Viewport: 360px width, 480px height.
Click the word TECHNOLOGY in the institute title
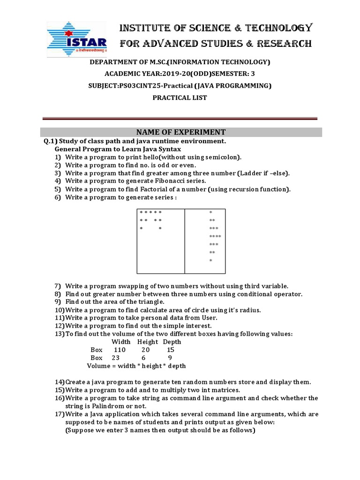280,28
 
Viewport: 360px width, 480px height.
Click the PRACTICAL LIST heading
180,98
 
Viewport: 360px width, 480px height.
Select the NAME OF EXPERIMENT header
181,132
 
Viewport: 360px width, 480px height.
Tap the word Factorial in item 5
155,189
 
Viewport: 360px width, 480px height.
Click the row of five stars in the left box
150,213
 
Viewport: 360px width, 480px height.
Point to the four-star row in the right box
215,236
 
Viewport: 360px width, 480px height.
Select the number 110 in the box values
120,350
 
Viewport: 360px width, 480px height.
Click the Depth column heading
172,342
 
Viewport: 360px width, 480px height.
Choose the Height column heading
148,342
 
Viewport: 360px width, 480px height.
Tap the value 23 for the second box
116,358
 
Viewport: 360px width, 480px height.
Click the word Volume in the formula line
98,366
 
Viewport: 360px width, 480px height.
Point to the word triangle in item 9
148,302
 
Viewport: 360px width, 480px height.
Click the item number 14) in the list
60,382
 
